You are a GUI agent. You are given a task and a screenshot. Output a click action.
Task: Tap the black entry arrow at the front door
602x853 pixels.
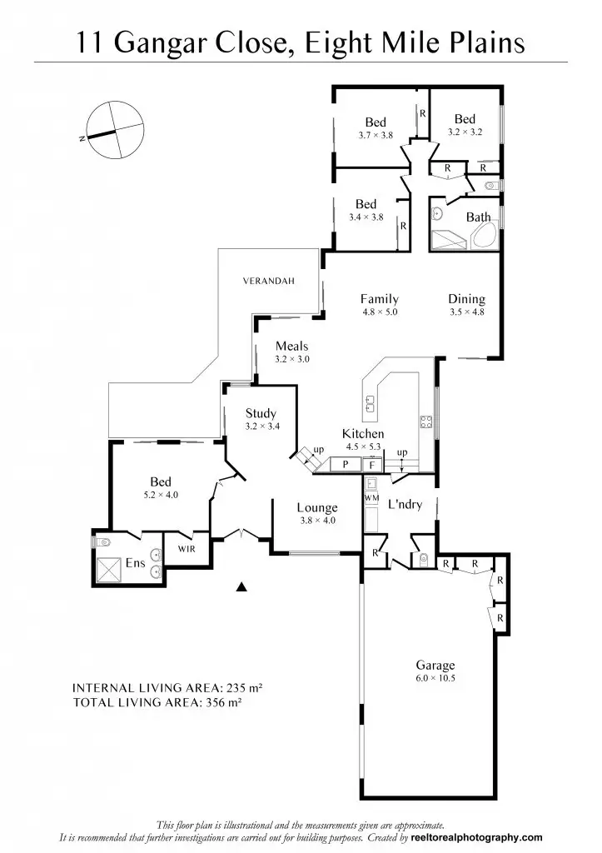242,587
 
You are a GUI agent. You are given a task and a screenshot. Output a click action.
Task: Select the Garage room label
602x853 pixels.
435,665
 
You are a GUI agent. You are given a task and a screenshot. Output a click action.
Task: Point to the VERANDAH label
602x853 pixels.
269,282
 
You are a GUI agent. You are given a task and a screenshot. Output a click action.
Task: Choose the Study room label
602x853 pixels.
261,413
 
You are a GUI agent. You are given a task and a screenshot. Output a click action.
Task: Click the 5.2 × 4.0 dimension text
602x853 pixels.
161,495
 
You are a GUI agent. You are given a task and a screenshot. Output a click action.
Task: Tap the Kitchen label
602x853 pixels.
363,434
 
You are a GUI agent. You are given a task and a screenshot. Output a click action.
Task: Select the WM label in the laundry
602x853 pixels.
371,497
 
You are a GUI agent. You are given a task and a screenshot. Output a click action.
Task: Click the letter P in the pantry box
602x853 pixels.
344,465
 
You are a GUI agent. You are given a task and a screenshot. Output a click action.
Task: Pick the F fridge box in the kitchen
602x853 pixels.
372,465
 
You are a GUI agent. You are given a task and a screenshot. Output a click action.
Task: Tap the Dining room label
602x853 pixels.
466,299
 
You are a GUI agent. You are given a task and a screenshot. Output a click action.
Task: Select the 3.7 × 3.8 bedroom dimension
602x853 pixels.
376,135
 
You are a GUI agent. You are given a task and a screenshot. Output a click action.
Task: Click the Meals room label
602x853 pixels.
291,347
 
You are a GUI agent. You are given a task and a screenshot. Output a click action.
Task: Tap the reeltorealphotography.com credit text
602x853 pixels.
475,837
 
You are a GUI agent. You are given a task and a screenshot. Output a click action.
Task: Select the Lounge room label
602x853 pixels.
317,507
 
